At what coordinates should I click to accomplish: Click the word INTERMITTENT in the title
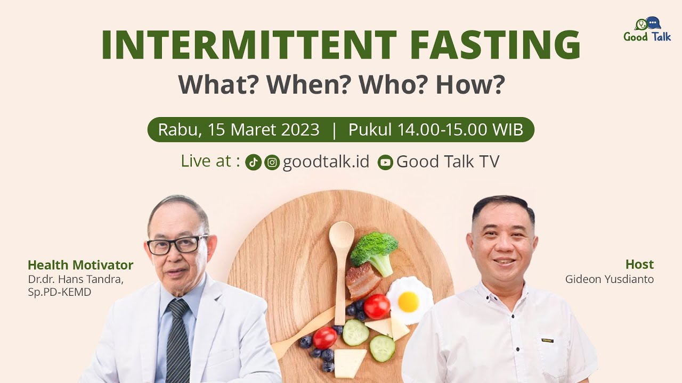pyautogui.click(x=249, y=45)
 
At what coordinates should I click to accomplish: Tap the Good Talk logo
pyautogui.click(x=647, y=30)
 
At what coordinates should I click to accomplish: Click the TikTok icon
pyautogui.click(x=253, y=162)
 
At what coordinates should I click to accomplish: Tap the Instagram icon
pyautogui.click(x=272, y=162)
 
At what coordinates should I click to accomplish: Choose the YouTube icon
pyautogui.click(x=385, y=162)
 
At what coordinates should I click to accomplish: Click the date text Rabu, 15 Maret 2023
pyautogui.click(x=239, y=130)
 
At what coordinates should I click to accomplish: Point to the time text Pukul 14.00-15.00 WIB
pyautogui.click(x=435, y=130)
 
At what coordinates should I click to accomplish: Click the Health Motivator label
pyautogui.click(x=80, y=265)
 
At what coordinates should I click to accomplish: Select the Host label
pyautogui.click(x=639, y=264)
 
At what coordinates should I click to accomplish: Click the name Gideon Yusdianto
pyautogui.click(x=609, y=279)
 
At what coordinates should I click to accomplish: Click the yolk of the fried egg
pyautogui.click(x=408, y=302)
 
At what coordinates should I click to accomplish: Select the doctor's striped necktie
pyautogui.click(x=177, y=337)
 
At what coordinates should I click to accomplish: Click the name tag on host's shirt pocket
pyautogui.click(x=547, y=340)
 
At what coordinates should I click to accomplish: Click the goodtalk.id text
pyautogui.click(x=326, y=162)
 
